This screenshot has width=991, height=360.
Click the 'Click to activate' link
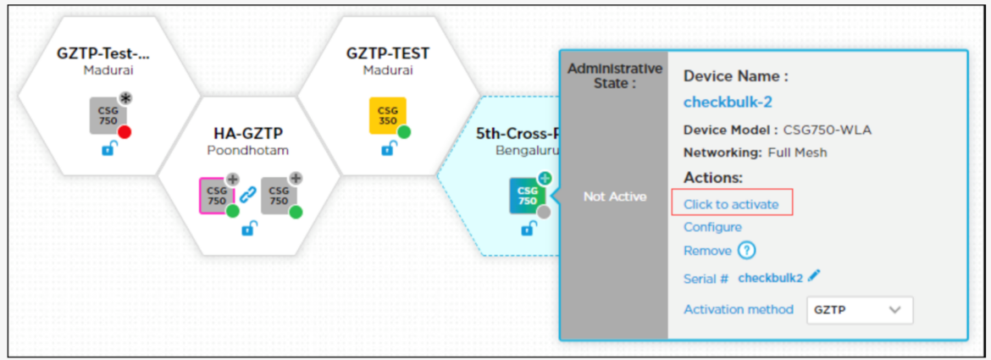click(x=731, y=204)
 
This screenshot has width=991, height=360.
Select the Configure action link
click(x=712, y=227)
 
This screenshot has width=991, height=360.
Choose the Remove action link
click(x=706, y=251)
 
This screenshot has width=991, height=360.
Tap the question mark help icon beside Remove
click(x=746, y=251)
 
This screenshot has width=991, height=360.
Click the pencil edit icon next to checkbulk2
click(x=814, y=276)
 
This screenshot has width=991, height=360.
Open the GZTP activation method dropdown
click(x=859, y=310)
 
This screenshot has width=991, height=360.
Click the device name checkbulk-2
click(x=726, y=102)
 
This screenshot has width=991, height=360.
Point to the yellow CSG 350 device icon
click(x=387, y=115)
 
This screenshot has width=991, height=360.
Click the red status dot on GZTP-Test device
click(x=125, y=132)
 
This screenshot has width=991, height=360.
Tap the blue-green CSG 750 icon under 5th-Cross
click(x=527, y=196)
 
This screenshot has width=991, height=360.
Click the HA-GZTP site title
click(x=247, y=134)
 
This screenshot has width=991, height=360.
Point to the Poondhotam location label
click(x=247, y=150)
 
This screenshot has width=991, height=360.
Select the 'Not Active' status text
click(x=614, y=197)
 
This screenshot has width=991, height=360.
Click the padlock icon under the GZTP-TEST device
click(x=388, y=150)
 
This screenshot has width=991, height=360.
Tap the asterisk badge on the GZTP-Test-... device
click(x=126, y=98)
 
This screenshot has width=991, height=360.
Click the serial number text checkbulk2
click(x=769, y=277)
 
